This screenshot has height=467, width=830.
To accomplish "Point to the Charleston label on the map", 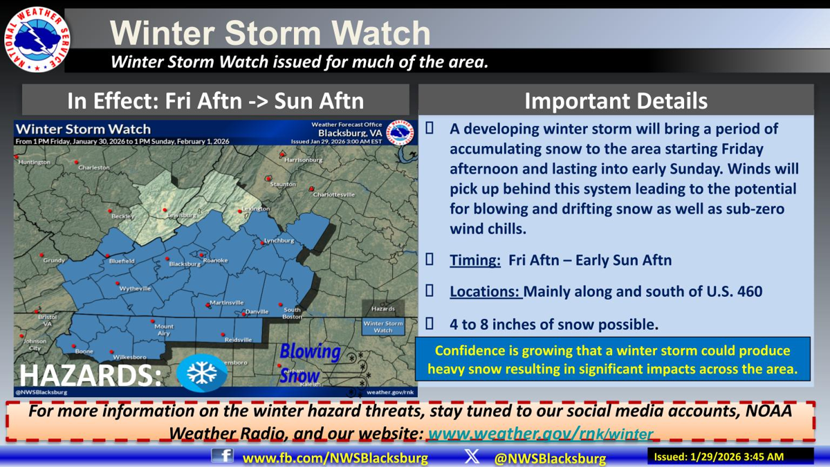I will pyautogui.click(x=94, y=168).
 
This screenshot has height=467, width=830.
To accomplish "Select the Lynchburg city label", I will pyautogui.click(x=279, y=241).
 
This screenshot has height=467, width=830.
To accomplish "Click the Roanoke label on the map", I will pyautogui.click(x=215, y=260).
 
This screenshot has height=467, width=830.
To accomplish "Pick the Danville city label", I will pyautogui.click(x=257, y=312).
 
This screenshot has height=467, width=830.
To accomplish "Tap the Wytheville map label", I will pyautogui.click(x=136, y=289).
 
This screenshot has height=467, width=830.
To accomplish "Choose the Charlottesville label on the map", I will pyautogui.click(x=334, y=195).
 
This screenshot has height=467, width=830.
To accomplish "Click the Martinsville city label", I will pyautogui.click(x=227, y=303).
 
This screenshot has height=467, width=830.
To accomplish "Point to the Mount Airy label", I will pyautogui.click(x=164, y=330).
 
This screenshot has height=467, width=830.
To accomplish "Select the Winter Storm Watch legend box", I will pyautogui.click(x=383, y=327).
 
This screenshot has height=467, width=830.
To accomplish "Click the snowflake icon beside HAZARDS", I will pyautogui.click(x=201, y=374).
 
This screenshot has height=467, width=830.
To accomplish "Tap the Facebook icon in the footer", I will pyautogui.click(x=222, y=456).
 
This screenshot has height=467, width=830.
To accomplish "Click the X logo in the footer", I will pyautogui.click(x=472, y=456).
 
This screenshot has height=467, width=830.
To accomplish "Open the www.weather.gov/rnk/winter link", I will pyautogui.click(x=540, y=434).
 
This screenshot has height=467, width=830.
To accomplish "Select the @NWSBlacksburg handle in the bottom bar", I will pyautogui.click(x=550, y=458).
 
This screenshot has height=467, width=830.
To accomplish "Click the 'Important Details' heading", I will pyautogui.click(x=616, y=101).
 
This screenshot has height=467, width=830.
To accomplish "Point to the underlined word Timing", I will pyautogui.click(x=475, y=261).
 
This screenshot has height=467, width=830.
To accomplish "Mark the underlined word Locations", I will pyautogui.click(x=485, y=292).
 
